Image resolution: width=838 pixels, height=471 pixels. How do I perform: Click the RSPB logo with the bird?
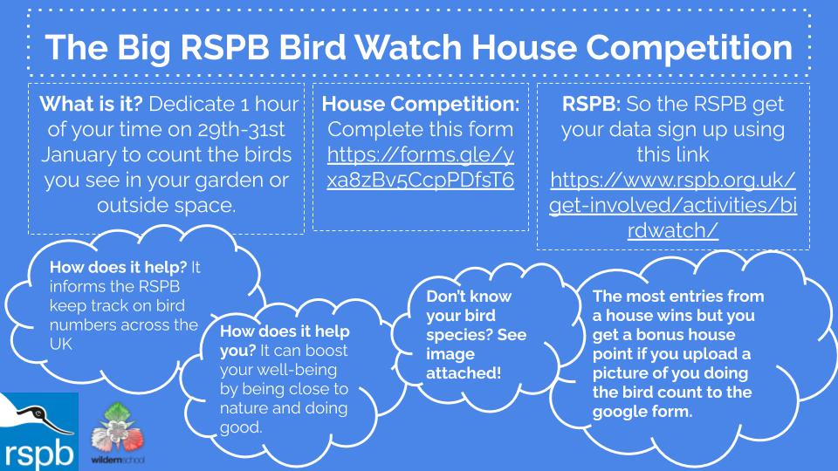pos(39,432)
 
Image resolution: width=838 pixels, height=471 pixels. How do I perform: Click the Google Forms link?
pos(421,167)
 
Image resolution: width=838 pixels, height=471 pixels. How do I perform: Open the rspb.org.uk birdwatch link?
pos(673,204)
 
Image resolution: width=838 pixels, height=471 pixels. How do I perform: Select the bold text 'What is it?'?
pos(91,104)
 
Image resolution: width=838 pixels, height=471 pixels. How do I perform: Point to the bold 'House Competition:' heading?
pos(421,104)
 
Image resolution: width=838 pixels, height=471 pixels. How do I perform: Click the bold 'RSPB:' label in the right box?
pos(591,104)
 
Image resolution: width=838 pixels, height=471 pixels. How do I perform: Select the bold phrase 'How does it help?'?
pos(118,267)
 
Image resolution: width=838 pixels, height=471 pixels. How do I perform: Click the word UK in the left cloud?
pos(61,344)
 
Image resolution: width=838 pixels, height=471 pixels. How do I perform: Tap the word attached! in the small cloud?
pos(464,372)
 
